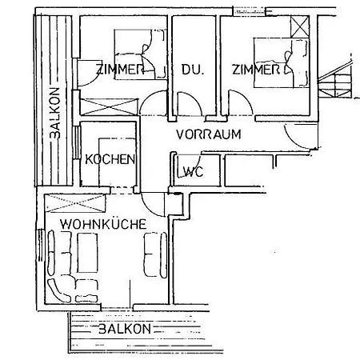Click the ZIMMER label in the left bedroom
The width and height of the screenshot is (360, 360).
pyautogui.click(x=119, y=70)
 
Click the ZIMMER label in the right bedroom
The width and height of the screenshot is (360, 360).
pyautogui.click(x=255, y=70)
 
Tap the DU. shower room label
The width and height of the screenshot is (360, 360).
pyautogui.click(x=192, y=70)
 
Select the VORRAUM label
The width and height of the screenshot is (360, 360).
pyautogui.click(x=208, y=134)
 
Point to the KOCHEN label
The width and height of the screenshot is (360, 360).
pyautogui.click(x=110, y=159)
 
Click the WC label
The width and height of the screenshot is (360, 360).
pyautogui.click(x=191, y=172)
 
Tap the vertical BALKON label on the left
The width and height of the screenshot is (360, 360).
pyautogui.click(x=54, y=113)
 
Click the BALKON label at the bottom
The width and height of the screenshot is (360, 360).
pyautogui.click(x=124, y=330)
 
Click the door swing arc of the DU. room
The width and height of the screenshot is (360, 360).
pyautogui.click(x=187, y=104)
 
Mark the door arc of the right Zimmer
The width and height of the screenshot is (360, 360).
pyautogui.click(x=239, y=104)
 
